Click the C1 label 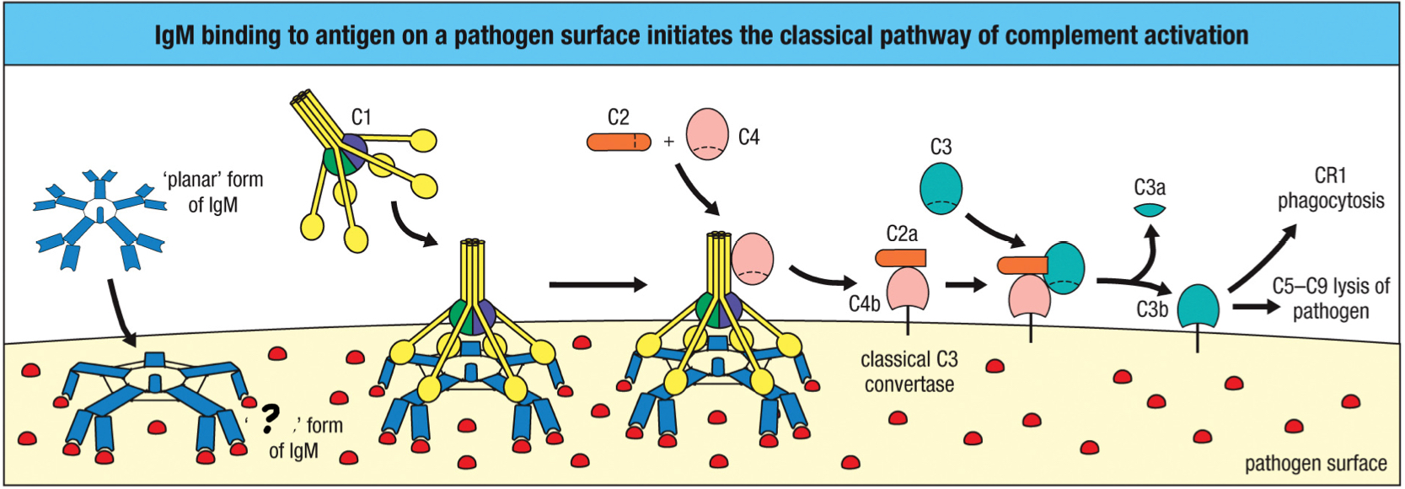click(x=361, y=117)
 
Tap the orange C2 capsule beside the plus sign click(x=619, y=142)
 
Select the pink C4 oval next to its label click(x=707, y=134)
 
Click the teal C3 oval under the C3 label click(x=941, y=188)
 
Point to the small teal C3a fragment click(x=1150, y=209)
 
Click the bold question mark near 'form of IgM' click(x=270, y=417)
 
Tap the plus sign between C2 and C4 click(x=668, y=142)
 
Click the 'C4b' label click(x=864, y=304)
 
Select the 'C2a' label click(x=902, y=234)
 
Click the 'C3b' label click(x=1151, y=309)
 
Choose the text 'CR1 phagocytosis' click(x=1330, y=188)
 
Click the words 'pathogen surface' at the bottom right click(x=1315, y=464)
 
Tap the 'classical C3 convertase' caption click(x=909, y=372)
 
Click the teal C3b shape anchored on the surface click(x=1198, y=308)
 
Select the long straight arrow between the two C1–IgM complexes click(x=597, y=285)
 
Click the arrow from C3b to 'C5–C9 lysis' click(x=1255, y=307)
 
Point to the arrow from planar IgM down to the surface click(x=121, y=312)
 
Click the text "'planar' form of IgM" click(x=213, y=192)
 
